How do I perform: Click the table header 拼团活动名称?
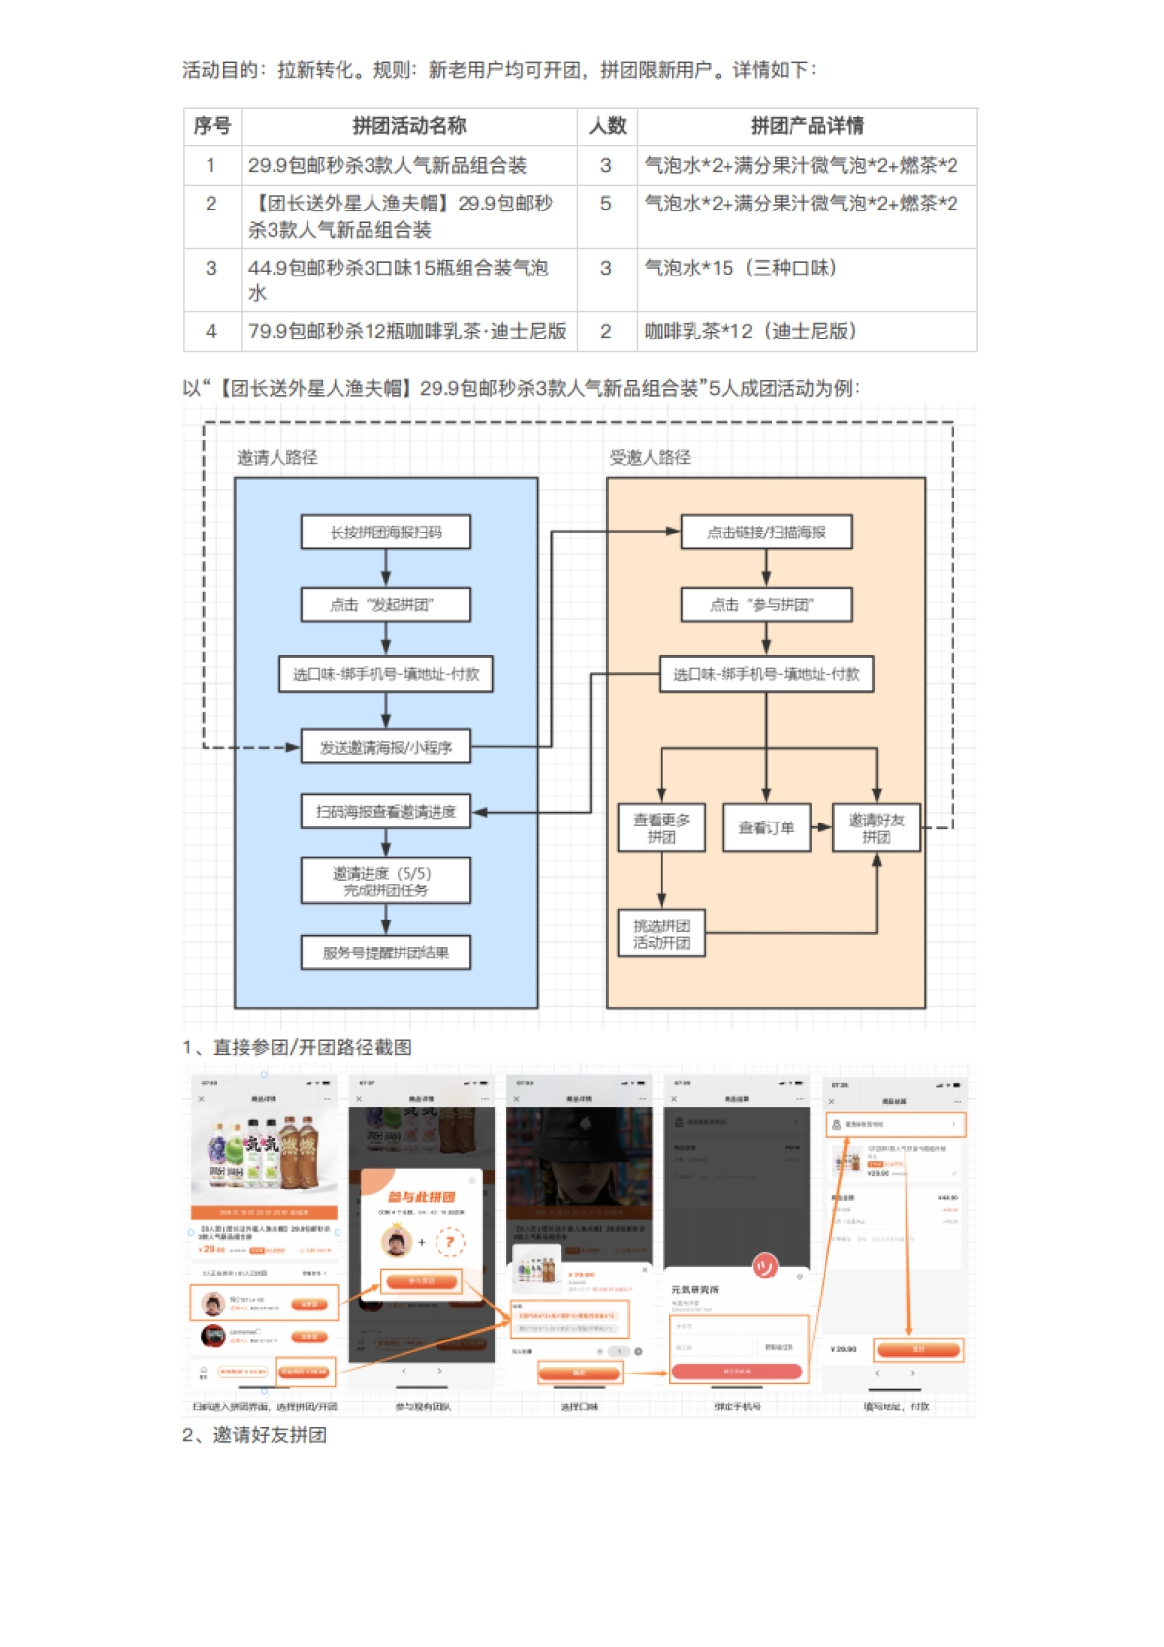point(408,126)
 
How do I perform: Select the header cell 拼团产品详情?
point(806,126)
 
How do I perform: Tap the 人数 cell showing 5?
point(606,204)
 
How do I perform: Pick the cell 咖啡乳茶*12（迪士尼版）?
point(750,332)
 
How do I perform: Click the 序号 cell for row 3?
point(211,269)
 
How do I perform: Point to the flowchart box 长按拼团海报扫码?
point(385,533)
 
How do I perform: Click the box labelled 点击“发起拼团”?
point(385,605)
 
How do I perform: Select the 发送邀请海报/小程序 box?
point(385,748)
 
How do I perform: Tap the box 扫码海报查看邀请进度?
point(385,812)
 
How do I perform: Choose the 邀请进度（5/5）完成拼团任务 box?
point(385,882)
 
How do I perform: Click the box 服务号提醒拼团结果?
point(385,953)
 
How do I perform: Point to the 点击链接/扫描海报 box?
point(765,533)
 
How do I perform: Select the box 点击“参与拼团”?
point(765,605)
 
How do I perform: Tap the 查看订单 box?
point(765,828)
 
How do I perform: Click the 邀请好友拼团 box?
point(876,828)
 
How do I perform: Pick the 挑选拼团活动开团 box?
point(662,934)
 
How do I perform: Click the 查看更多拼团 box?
point(662,828)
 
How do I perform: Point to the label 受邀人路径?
point(649,458)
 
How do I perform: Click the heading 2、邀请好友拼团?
point(254,1436)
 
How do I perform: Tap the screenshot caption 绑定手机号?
point(737,1406)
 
